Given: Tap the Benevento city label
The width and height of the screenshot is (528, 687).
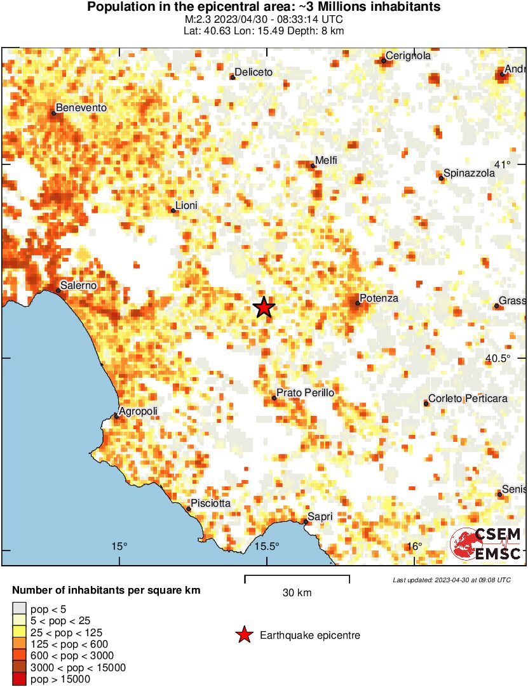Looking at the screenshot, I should pyautogui.click(x=81, y=108).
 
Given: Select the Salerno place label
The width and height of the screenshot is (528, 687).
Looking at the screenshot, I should pyautogui.click(x=79, y=285).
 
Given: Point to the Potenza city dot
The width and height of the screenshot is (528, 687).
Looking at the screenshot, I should pyautogui.click(x=358, y=303).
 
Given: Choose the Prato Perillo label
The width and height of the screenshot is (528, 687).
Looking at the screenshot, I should pyautogui.click(x=306, y=393).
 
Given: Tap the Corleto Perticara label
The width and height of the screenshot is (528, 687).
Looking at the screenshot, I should pyautogui.click(x=468, y=399).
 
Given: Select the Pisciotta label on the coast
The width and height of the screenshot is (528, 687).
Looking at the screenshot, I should pyautogui.click(x=211, y=504).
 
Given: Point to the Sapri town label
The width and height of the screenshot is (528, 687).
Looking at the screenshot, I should pyautogui.click(x=320, y=517).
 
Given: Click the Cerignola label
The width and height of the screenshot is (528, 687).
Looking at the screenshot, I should pyautogui.click(x=408, y=56).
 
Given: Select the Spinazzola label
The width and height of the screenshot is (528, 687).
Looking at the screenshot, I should pyautogui.click(x=469, y=173).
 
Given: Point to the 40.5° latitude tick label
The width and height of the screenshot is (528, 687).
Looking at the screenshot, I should pyautogui.click(x=498, y=358).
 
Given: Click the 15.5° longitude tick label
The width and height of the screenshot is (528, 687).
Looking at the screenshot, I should pyautogui.click(x=267, y=546).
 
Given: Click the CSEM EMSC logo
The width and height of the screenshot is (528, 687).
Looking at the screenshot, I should pyautogui.click(x=486, y=545).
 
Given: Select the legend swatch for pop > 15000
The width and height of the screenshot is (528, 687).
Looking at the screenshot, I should pyautogui.click(x=19, y=679).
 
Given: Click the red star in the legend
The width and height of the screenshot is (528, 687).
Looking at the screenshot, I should pyautogui.click(x=243, y=635).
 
